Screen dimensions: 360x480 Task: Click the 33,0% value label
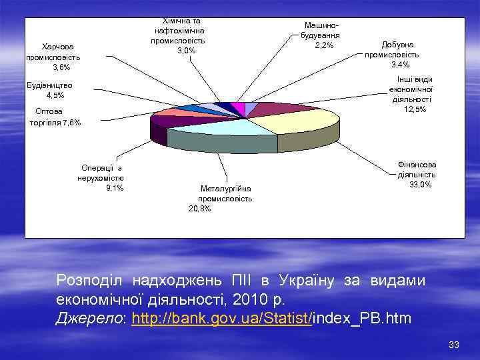coord(421,185)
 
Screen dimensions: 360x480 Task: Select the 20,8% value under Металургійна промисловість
coord(200,209)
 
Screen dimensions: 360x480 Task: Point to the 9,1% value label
coord(114,187)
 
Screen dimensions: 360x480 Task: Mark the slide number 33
coord(454,345)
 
